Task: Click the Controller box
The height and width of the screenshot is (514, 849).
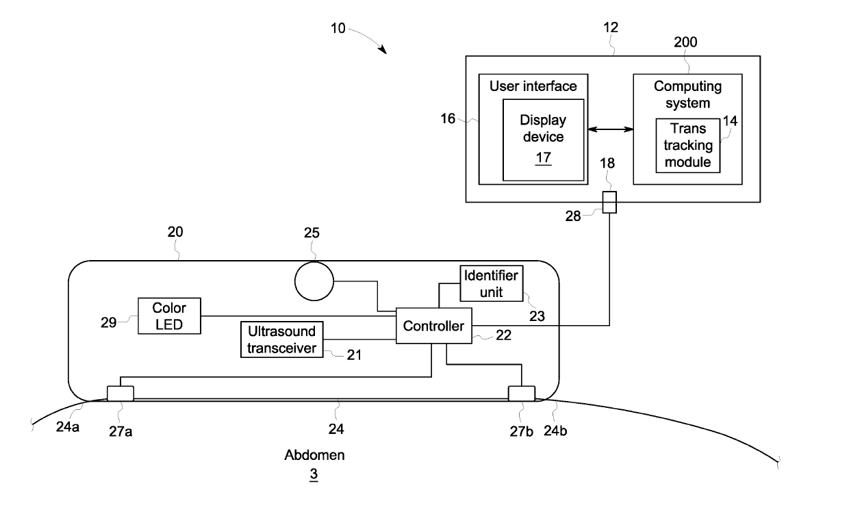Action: coord(434,326)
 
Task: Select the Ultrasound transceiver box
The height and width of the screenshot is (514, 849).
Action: coord(282,339)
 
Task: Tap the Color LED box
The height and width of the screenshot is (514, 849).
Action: coord(169,316)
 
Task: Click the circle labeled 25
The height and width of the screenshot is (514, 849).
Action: coord(313,281)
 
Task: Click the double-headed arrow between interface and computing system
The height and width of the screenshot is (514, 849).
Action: coord(610,129)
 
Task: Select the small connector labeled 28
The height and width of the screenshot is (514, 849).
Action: coord(609,203)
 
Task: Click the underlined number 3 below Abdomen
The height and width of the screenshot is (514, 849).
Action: coord(314,473)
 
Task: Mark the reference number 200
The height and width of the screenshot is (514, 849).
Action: coord(685,42)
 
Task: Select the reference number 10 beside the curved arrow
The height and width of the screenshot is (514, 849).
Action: coord(338,29)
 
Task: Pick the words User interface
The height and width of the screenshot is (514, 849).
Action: coord(533,86)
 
